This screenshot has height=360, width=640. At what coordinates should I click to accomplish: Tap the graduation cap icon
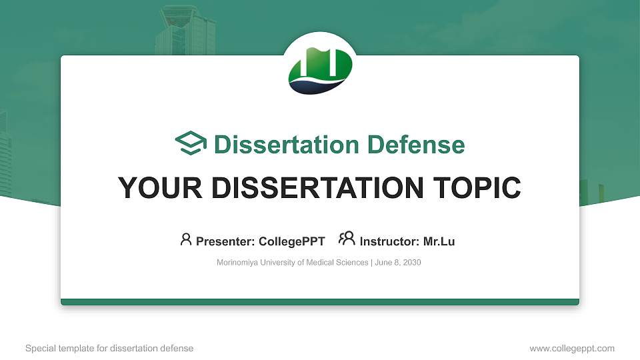click(191, 143)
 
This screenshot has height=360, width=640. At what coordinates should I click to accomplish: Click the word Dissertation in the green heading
click(279, 145)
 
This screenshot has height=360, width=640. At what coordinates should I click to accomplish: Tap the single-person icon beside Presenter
click(186, 239)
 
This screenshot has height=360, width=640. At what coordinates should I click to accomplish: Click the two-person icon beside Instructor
click(347, 239)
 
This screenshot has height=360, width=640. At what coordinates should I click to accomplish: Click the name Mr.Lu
click(439, 241)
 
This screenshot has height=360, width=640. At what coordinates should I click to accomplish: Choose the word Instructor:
click(389, 241)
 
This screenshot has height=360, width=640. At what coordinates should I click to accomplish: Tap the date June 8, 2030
click(398, 263)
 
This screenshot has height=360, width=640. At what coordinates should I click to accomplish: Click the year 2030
click(411, 263)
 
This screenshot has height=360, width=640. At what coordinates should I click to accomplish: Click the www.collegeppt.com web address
click(572, 349)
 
